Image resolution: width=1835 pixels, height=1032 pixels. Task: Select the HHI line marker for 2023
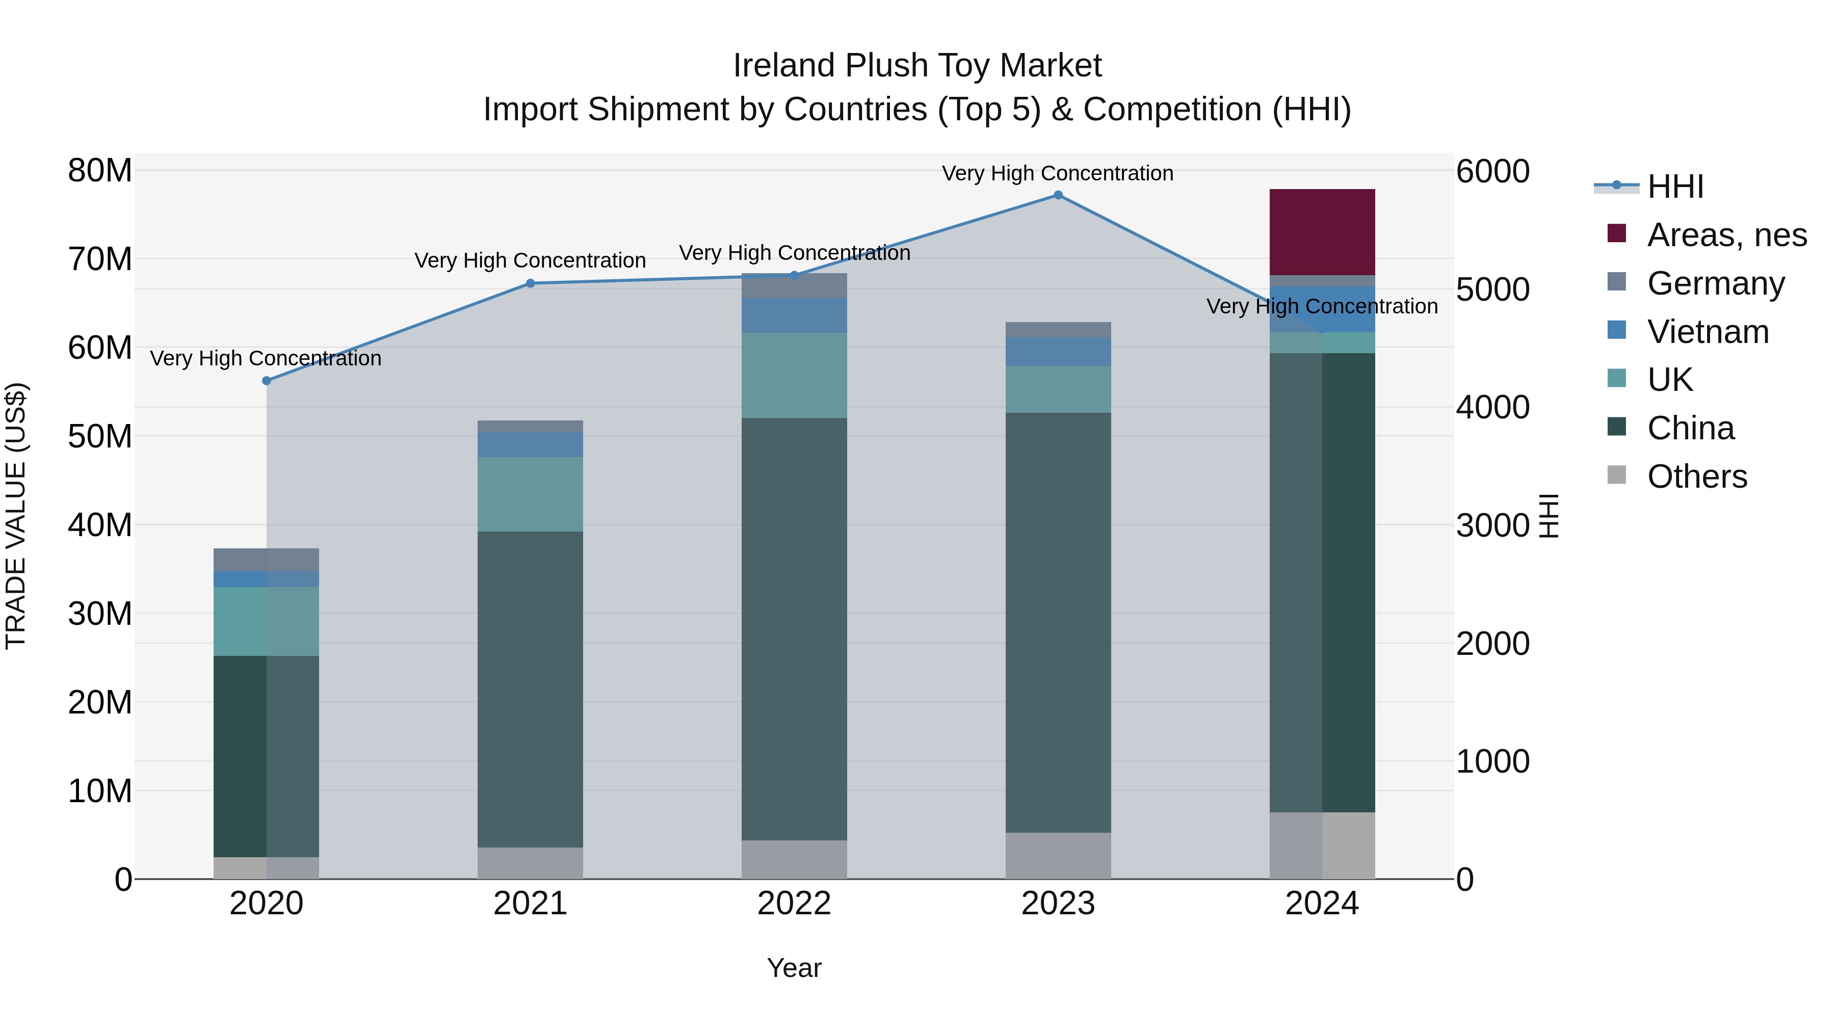pos(1058,195)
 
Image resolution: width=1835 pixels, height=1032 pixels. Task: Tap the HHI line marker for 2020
pos(267,381)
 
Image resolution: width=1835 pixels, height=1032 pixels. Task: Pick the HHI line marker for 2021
pos(530,283)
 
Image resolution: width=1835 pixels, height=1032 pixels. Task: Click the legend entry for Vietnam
pos(1708,332)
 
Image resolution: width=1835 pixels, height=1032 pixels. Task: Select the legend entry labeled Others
pos(1697,477)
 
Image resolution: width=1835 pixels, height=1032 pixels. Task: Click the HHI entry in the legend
pos(1675,187)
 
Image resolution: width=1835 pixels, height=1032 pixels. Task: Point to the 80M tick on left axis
pos(100,171)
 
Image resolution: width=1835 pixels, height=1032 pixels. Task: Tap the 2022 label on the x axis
pos(794,904)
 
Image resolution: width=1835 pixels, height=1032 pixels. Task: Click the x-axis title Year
pos(794,968)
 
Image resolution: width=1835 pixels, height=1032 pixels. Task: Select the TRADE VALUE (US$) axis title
pos(16,516)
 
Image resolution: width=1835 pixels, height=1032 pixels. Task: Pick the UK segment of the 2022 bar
pos(794,375)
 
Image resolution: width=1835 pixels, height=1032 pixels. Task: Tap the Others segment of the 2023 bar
pos(1058,855)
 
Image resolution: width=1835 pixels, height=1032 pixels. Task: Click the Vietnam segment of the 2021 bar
pos(530,444)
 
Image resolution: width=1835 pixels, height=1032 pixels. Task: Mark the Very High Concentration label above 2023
pos(1057,174)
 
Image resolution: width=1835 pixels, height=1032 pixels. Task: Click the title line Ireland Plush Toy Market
pos(917,66)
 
